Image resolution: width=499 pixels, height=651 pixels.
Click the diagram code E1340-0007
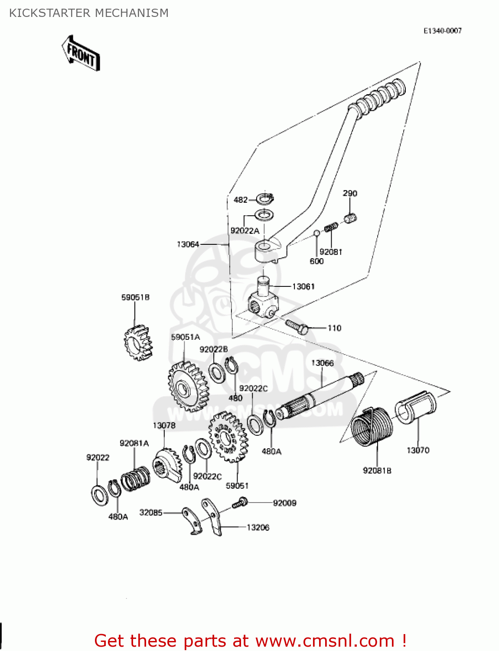pyautogui.click(x=442, y=31)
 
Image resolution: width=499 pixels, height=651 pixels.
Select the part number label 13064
pyautogui.click(x=188, y=245)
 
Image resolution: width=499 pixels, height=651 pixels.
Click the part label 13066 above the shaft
pyautogui.click(x=322, y=363)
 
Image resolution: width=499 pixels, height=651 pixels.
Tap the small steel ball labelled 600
pyautogui.click(x=317, y=233)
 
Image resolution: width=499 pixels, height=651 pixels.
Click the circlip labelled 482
pyautogui.click(x=264, y=199)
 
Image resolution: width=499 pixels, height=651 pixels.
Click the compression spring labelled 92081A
pyautogui.click(x=135, y=478)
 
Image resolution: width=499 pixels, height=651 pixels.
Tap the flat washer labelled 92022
pyautogui.click(x=100, y=494)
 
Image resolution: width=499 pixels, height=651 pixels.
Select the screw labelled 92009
pyautogui.click(x=239, y=503)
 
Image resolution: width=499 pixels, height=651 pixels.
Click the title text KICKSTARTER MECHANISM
pyautogui.click(x=89, y=13)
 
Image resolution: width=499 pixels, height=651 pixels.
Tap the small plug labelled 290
pyautogui.click(x=350, y=218)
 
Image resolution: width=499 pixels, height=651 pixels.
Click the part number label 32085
pyautogui.click(x=150, y=513)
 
